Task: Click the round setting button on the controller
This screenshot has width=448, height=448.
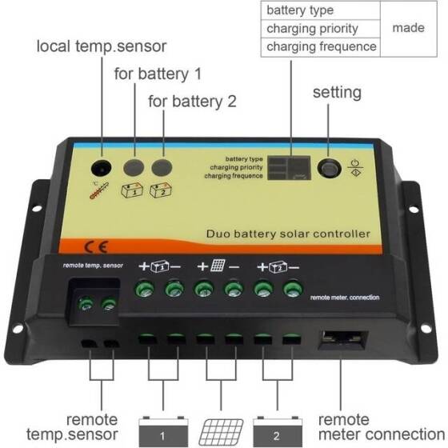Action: click(x=329, y=170)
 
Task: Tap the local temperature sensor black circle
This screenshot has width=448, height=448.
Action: click(x=102, y=169)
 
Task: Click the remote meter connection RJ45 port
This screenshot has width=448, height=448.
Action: click(x=346, y=343)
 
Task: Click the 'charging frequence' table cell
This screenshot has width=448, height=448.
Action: click(x=320, y=46)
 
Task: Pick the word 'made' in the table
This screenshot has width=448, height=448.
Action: click(x=407, y=28)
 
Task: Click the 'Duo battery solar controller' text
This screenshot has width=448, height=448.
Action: click(x=288, y=234)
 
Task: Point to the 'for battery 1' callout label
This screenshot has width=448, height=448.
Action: click(x=158, y=74)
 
